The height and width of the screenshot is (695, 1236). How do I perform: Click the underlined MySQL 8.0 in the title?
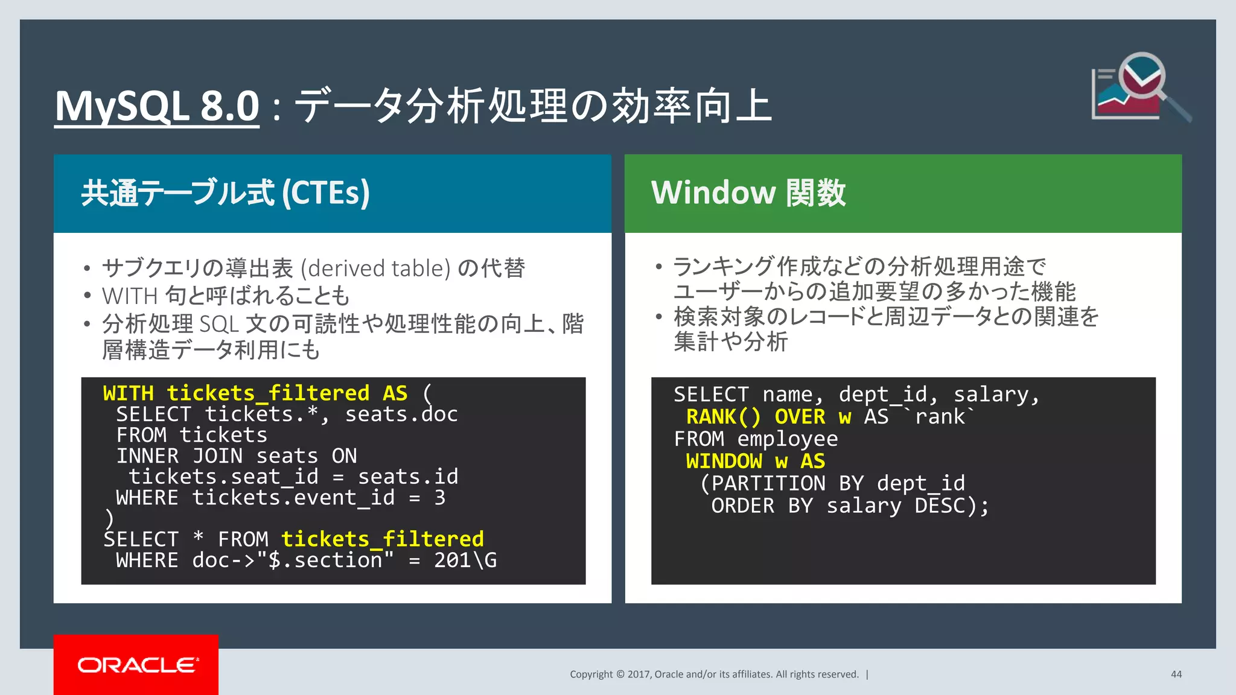point(157,106)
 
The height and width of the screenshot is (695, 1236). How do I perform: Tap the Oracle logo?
point(136,665)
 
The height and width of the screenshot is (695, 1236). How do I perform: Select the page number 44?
point(1176,674)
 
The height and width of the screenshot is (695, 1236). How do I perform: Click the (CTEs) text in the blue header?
point(326,193)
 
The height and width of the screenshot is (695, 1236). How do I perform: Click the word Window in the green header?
point(713,193)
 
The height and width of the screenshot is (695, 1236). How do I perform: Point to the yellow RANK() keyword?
point(724,417)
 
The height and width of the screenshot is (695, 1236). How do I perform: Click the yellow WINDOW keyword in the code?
point(724,462)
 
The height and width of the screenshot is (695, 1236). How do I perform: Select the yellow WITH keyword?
point(128,393)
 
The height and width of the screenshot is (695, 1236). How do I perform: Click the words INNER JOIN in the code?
point(179,456)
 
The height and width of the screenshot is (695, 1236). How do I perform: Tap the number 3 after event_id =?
point(440,498)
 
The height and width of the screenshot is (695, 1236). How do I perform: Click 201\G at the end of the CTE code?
point(465,560)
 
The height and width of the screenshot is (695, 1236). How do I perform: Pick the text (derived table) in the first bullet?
point(375,268)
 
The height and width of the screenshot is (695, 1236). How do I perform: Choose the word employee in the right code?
point(787,439)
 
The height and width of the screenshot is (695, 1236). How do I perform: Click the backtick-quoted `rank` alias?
point(940,417)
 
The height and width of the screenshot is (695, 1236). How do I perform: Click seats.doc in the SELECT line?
point(401,414)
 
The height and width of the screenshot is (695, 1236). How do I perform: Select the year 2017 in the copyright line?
point(639,674)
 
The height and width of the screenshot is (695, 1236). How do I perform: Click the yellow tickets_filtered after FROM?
point(382,539)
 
